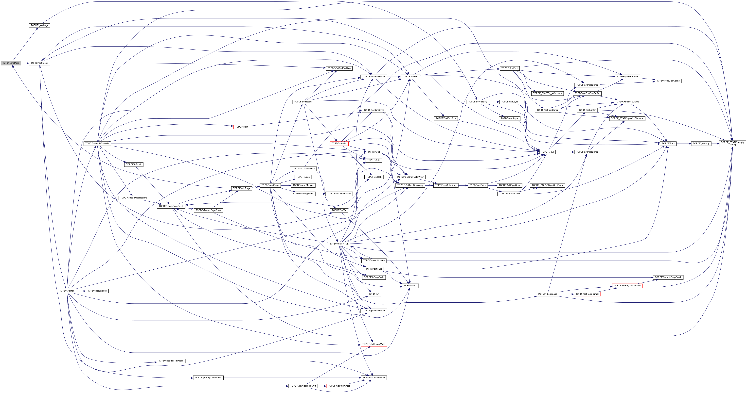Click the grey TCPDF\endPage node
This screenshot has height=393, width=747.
pos(11,63)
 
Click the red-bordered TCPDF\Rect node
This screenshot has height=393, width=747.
pos(241,127)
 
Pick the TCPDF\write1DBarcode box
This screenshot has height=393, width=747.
pos(97,144)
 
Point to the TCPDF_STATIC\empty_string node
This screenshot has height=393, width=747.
pos(732,144)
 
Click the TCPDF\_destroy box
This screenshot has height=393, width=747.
pos(701,144)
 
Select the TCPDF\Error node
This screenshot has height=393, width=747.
pos(668,144)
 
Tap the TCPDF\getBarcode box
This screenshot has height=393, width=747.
pos(97,291)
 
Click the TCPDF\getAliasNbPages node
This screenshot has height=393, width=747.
pos(171,361)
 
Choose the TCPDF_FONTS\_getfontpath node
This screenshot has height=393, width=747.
pos(547,93)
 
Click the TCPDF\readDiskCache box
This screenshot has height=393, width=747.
pos(668,81)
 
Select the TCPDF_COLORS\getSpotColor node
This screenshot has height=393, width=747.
pos(547,185)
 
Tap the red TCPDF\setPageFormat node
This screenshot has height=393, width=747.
pos(587,294)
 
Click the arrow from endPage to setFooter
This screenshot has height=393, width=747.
pos(25,63)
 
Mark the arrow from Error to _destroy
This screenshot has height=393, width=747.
pos(684,144)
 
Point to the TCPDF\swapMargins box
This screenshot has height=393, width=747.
pos(303,185)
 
